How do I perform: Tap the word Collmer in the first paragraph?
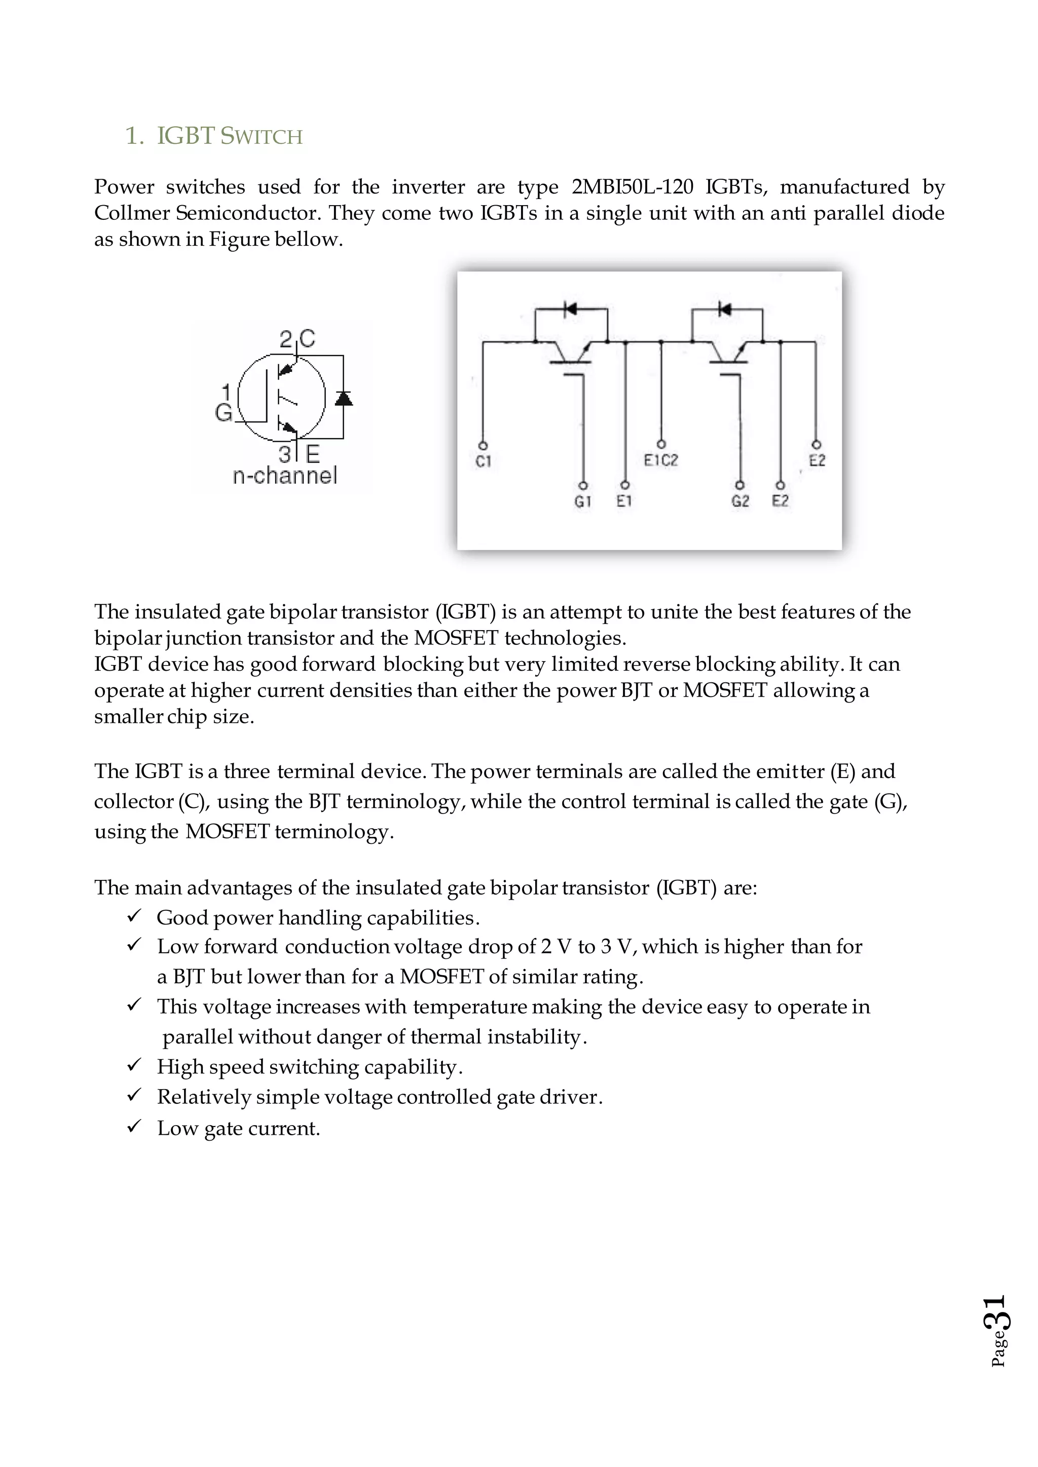pos(132,213)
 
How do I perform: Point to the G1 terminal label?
pos(582,501)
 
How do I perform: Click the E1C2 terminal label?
pos(660,460)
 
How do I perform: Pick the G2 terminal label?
pos(740,501)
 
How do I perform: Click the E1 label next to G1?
pos(624,501)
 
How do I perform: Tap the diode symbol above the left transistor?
pos(570,309)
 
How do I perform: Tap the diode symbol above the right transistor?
pos(724,309)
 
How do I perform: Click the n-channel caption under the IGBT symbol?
pos(284,475)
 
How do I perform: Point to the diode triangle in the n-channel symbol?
pos(343,398)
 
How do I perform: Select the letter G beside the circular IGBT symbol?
pos(223,413)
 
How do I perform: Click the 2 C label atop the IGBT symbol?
pos(298,339)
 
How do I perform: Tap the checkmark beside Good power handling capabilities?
pos(134,916)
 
